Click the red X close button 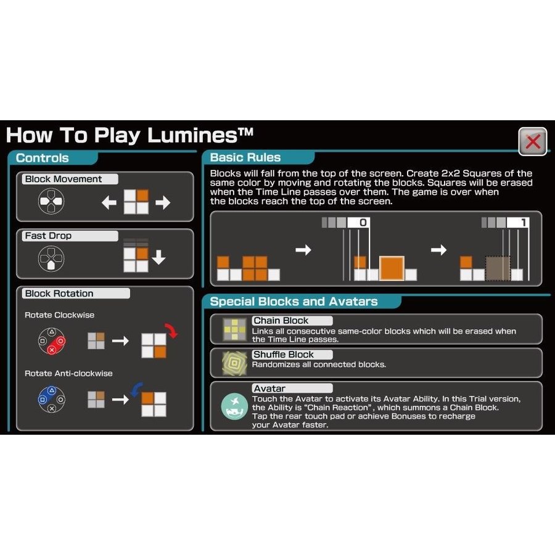533,142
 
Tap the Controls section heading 42,158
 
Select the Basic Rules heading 245,157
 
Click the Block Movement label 64,179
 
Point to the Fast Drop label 48,236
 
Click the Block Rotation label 59,294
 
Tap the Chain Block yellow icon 234,329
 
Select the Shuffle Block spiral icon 234,363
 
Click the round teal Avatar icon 234,406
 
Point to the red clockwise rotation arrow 171,331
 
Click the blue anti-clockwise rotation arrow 136,389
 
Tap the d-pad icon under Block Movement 51,201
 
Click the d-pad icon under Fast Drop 51,259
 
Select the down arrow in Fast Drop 158,257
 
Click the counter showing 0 358,223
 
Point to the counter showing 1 518,223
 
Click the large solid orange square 392,269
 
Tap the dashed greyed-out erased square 498,269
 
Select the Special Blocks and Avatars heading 294,302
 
